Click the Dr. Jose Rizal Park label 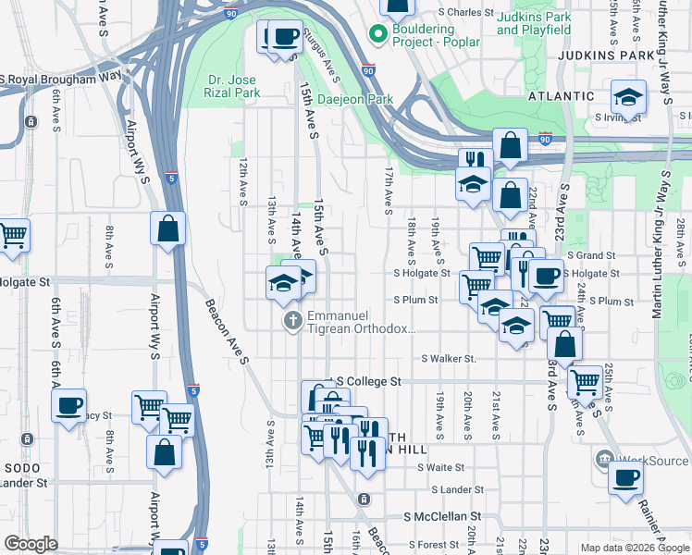(232, 86)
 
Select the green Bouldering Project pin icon (377, 35)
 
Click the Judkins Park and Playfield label (534, 23)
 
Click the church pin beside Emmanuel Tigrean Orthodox (292, 321)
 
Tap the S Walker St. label (449, 358)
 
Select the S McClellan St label (443, 516)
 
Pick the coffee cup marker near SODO (68, 405)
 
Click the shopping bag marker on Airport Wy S (167, 228)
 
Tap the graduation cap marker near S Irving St (628, 96)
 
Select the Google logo (31, 544)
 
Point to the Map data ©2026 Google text (635, 548)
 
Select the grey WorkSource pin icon (604, 458)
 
